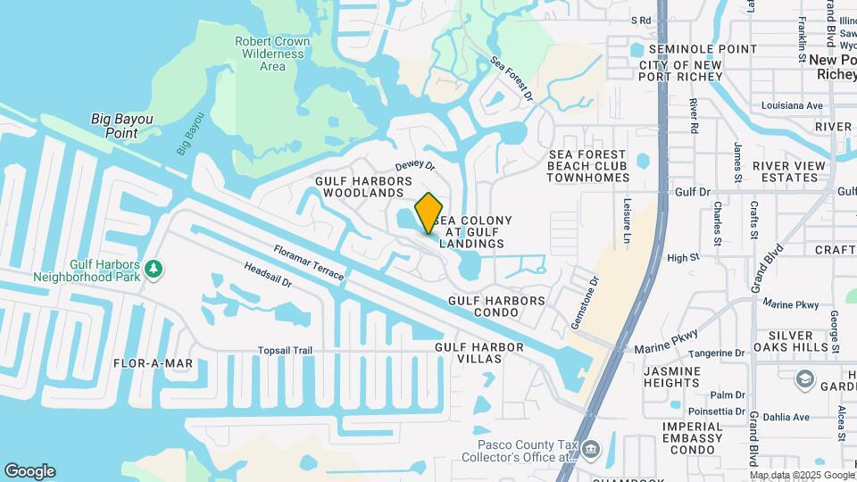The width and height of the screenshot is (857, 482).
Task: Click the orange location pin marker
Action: point(428,213)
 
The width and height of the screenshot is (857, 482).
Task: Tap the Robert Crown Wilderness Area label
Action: point(272,54)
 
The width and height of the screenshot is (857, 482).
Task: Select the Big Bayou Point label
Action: point(122,126)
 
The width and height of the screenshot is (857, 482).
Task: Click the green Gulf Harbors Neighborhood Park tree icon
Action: point(154,268)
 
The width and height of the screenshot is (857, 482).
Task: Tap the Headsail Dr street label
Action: point(268,276)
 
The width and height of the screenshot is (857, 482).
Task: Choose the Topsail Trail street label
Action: point(285,351)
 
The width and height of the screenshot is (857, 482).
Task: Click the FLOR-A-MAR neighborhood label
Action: point(154,363)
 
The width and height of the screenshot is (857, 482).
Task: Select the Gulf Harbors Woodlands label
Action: point(363,187)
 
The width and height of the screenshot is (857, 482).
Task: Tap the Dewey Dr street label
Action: point(414,166)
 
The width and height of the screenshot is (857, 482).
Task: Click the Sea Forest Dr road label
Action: point(512,79)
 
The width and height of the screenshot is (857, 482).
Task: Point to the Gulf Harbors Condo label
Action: point(496,307)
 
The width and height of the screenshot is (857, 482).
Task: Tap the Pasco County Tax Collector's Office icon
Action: point(590,447)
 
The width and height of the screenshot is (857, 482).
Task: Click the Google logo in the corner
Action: point(29,471)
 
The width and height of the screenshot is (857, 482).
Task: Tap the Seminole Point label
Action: point(703,49)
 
